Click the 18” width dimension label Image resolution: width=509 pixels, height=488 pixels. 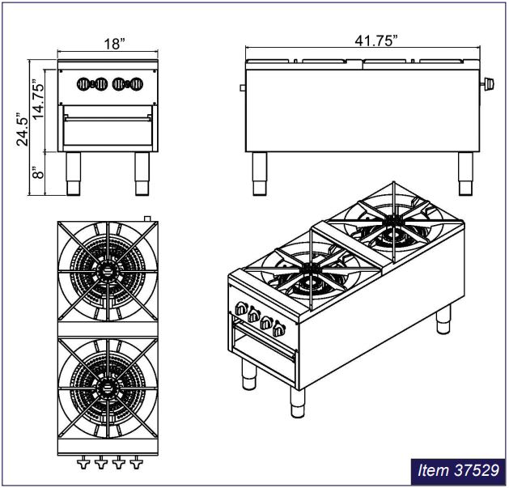(114, 44)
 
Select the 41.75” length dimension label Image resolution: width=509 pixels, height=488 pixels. (376, 41)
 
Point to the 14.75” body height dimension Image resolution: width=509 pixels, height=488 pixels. (38, 99)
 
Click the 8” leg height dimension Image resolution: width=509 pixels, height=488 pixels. (38, 172)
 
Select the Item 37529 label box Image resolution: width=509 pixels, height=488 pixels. (458, 471)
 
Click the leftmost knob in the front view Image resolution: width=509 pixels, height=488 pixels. (83, 84)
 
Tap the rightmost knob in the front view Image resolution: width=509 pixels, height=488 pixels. (137, 84)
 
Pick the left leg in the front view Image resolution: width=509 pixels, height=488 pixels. (73, 174)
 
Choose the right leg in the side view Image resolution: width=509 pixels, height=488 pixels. (465, 174)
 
